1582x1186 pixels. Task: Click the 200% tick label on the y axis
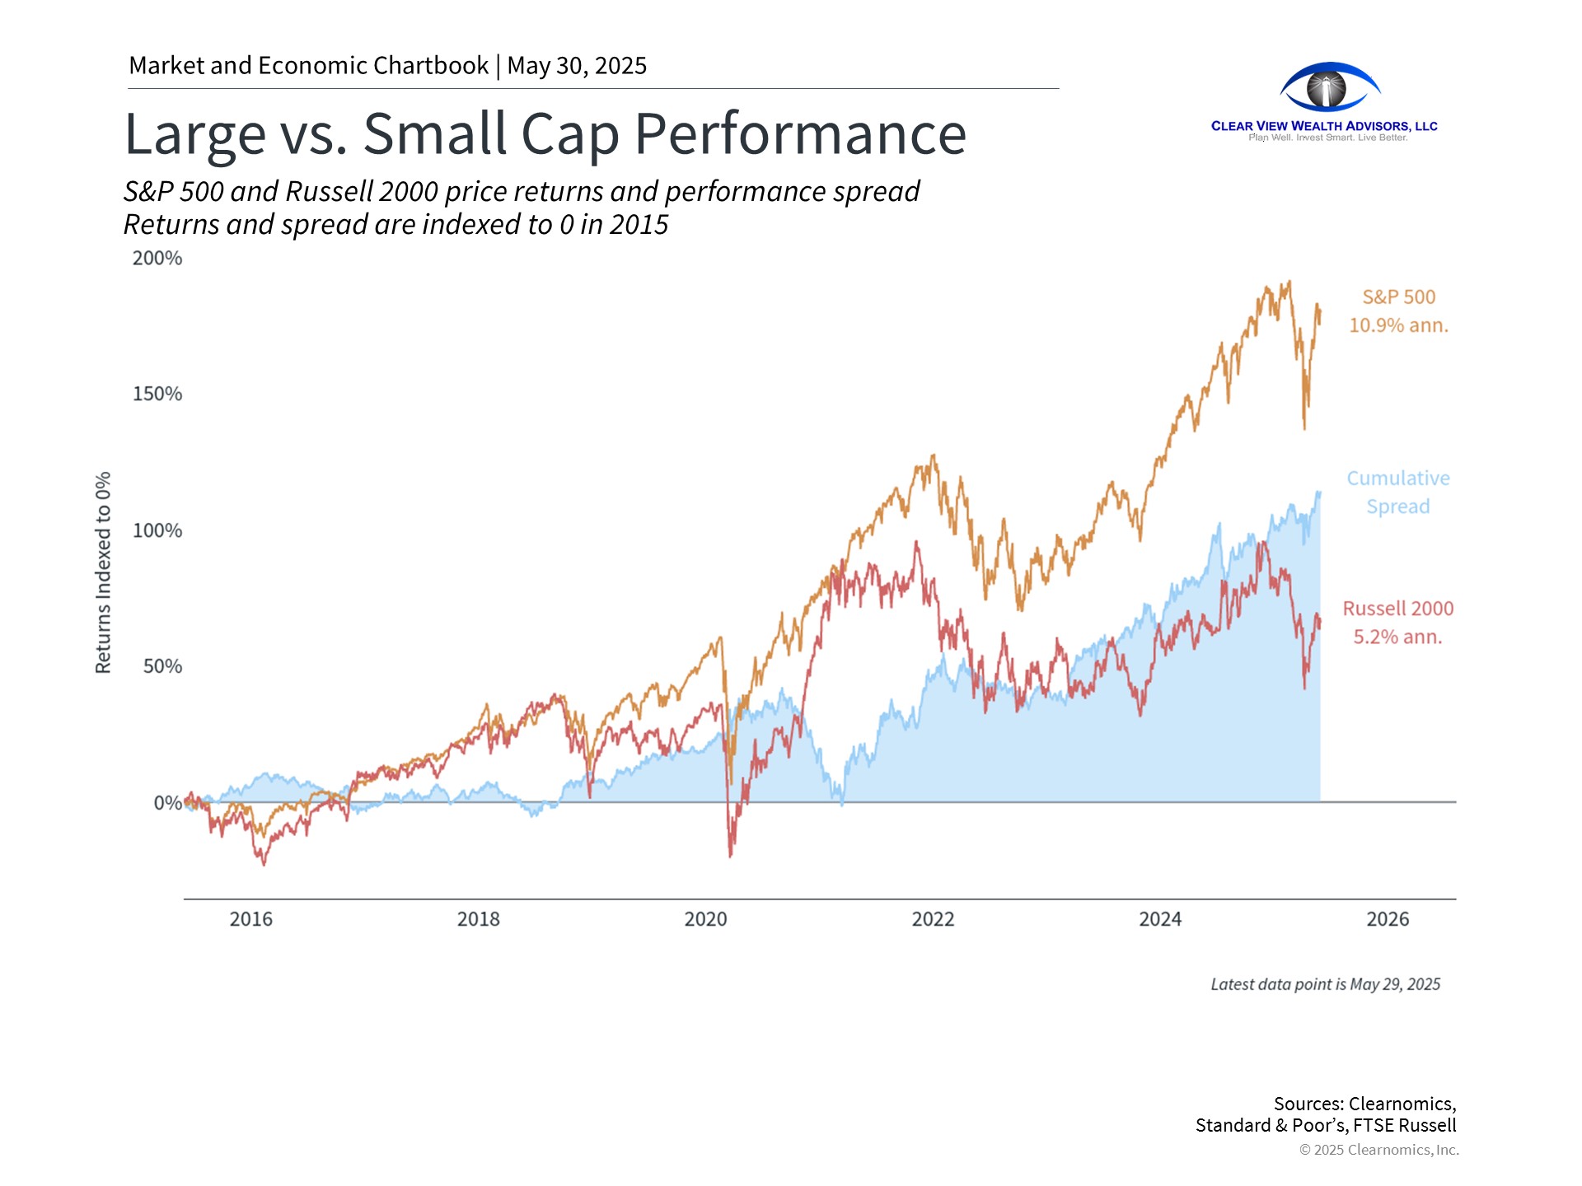(157, 258)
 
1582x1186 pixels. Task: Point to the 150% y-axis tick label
(157, 394)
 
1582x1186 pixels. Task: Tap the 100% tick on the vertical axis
(157, 530)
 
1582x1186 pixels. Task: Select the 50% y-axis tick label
(162, 666)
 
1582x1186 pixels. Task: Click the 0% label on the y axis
(168, 803)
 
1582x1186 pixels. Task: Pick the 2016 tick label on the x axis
(250, 919)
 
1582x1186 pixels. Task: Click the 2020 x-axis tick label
(705, 919)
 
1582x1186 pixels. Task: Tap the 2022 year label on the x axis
(933, 919)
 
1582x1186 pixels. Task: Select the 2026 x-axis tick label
(1388, 919)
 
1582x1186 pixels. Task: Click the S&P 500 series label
(1398, 297)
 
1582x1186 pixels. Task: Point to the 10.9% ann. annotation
(1398, 325)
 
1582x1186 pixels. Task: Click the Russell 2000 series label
(1398, 609)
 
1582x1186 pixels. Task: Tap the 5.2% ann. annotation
(1398, 637)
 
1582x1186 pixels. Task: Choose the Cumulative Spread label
(1398, 493)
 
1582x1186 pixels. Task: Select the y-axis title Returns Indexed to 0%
(103, 572)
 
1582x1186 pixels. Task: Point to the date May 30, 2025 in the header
(577, 66)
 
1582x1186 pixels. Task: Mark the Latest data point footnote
(1325, 984)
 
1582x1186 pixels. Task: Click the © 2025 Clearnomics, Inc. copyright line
(1378, 1150)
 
